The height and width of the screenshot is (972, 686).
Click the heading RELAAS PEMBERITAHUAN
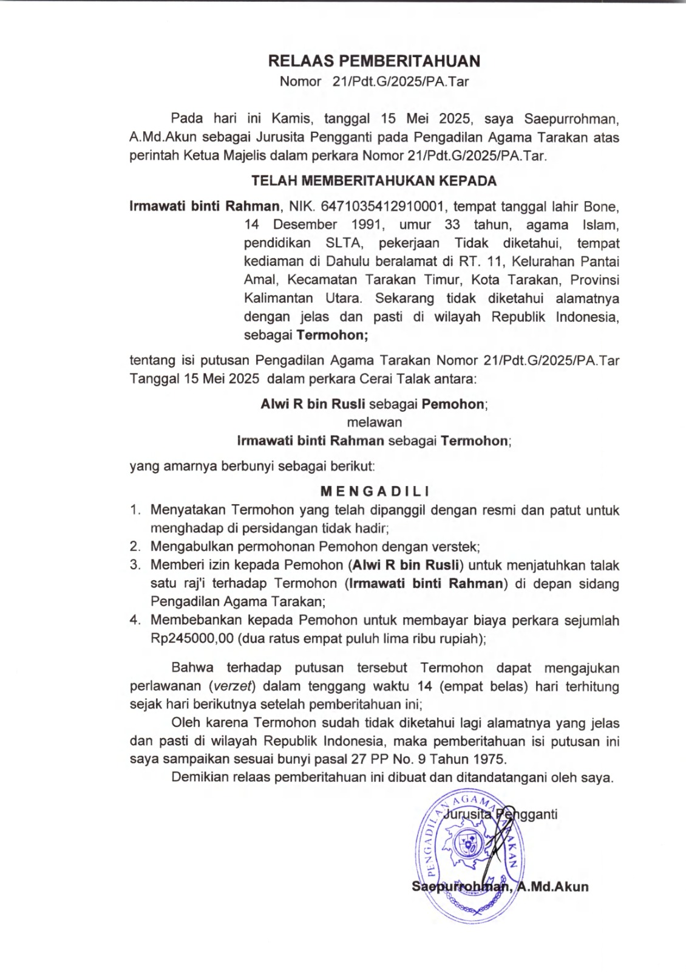coord(374,61)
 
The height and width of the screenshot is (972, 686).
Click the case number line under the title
coord(374,81)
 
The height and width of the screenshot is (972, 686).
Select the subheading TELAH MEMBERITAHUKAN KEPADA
coord(374,181)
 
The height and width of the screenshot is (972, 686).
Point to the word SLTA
coord(344,243)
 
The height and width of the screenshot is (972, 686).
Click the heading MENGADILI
coord(374,491)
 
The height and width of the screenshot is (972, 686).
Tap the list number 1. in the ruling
coord(135,510)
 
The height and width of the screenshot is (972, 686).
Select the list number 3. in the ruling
coord(135,565)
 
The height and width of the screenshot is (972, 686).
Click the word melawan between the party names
coord(374,422)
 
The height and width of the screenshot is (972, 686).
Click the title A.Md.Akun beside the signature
coord(553,886)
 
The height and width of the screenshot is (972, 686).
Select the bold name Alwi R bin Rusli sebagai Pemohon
coord(374,404)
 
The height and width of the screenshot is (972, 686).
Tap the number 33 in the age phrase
coord(452,225)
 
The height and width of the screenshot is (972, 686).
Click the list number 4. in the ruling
coord(135,620)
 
